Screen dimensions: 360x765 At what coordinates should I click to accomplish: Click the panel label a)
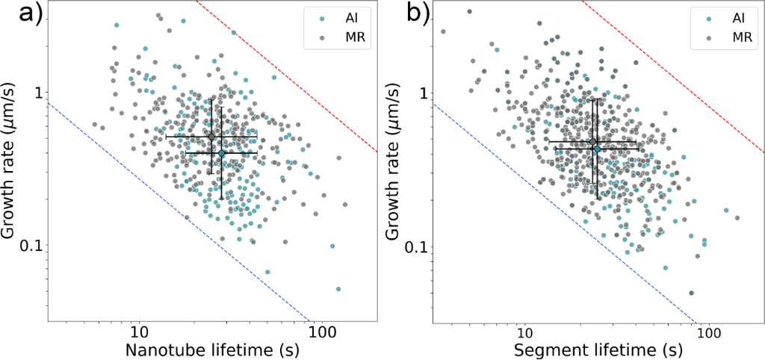pyautogui.click(x=16, y=16)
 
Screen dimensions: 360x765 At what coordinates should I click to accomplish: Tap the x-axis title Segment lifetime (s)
pyautogui.click(x=598, y=348)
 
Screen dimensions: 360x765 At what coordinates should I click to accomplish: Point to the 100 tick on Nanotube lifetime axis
pyautogui.click(x=320, y=329)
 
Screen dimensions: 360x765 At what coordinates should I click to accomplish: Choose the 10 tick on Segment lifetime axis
pyautogui.click(x=524, y=329)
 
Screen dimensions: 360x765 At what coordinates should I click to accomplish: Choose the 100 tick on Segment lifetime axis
pyautogui.click(x=706, y=329)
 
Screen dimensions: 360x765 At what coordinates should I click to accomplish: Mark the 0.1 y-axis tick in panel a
pyautogui.click(x=33, y=246)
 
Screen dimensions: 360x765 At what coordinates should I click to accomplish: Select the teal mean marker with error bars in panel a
pyautogui.click(x=222, y=153)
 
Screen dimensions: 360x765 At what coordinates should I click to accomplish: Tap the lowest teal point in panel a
pyautogui.click(x=338, y=288)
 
